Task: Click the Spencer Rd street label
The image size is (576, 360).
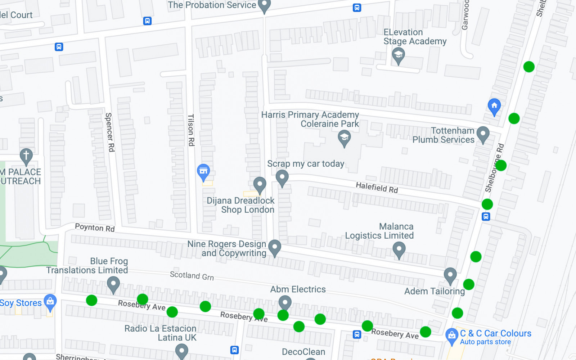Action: [109, 132]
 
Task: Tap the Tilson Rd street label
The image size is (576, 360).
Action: [191, 130]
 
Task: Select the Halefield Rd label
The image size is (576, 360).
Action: [377, 188]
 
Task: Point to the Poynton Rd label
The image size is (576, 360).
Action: [95, 228]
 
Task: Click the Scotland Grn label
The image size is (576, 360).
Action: [192, 276]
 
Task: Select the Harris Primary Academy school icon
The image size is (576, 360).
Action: [344, 137]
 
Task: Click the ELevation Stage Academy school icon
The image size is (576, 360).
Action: [398, 55]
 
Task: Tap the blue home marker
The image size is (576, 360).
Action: [494, 106]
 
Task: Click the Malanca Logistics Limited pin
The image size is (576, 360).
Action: [399, 249]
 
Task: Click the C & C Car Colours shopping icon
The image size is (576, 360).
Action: [451, 335]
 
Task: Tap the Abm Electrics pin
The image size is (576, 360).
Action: [285, 302]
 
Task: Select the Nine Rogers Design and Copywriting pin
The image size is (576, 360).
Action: [275, 247]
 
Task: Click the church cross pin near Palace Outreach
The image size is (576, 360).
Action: [26, 156]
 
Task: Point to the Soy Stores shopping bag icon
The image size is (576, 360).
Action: [50, 301]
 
